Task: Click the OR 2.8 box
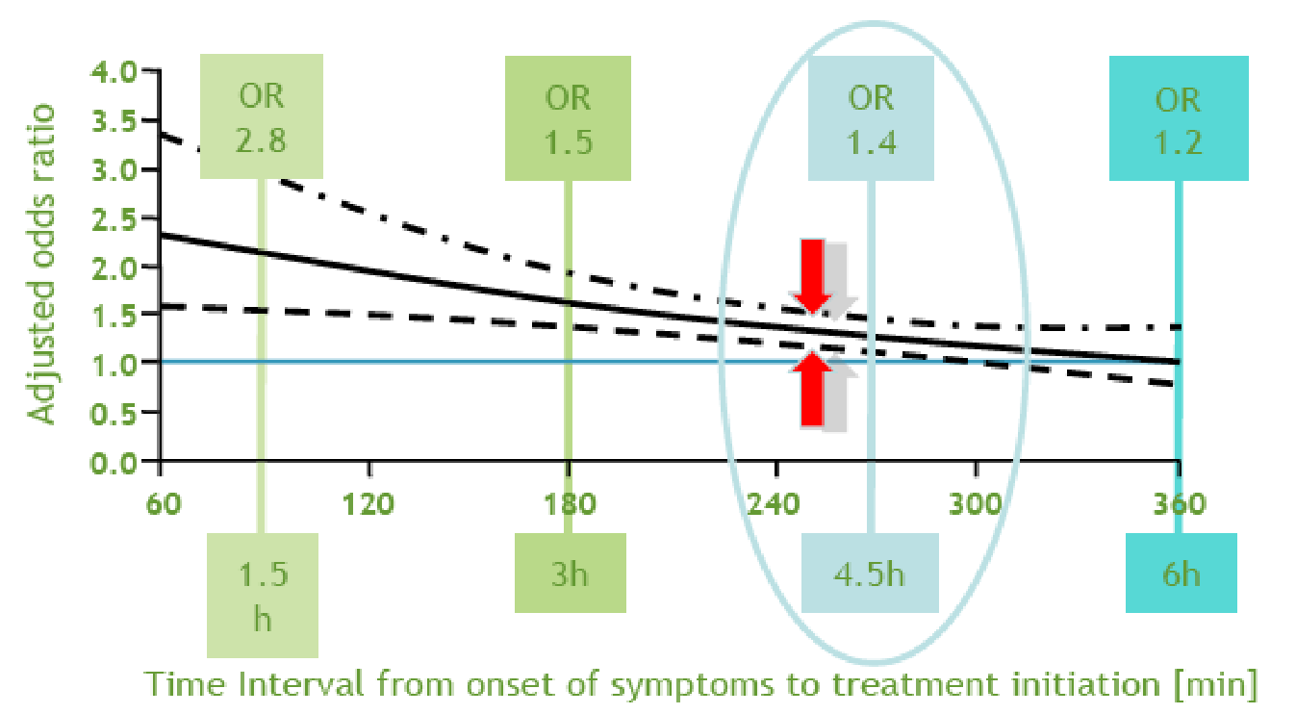click(x=262, y=116)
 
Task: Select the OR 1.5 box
click(x=569, y=118)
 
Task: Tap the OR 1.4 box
click(x=871, y=118)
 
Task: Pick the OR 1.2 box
click(x=1179, y=118)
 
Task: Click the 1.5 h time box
click(x=263, y=596)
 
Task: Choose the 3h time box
click(x=571, y=573)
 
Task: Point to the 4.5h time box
click(x=870, y=573)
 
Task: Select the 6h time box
click(x=1181, y=573)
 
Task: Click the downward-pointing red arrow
click(x=812, y=275)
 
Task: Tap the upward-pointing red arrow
click(x=812, y=389)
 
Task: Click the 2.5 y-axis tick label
click(x=114, y=219)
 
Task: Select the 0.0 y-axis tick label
click(x=114, y=463)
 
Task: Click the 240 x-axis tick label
click(x=774, y=503)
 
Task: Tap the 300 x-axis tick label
click(x=976, y=503)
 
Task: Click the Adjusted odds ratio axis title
click(x=41, y=265)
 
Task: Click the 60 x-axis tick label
click(x=164, y=503)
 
